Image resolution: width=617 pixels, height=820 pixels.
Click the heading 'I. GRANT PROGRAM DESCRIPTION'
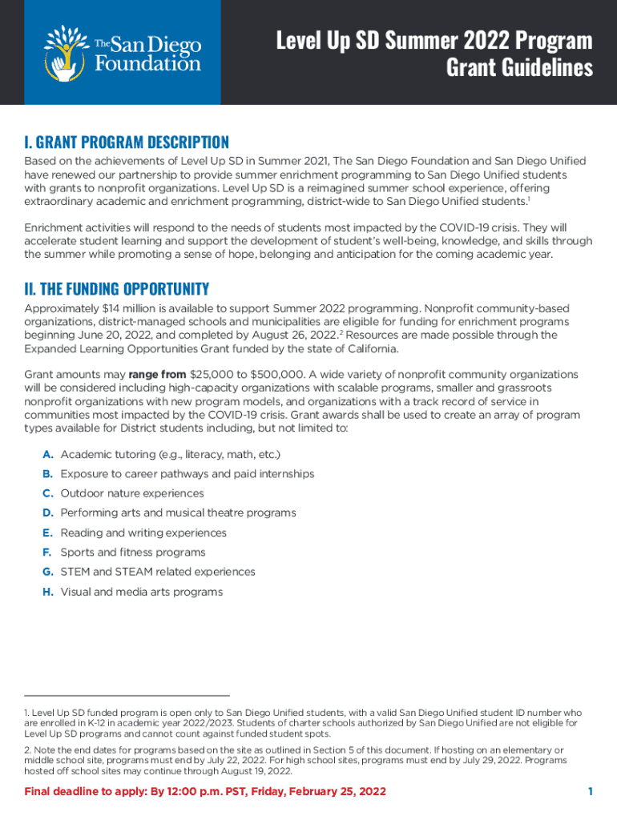tap(127, 143)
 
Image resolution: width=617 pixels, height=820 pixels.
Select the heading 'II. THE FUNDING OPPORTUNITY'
tap(117, 288)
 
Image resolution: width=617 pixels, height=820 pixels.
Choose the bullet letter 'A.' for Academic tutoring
tap(48, 455)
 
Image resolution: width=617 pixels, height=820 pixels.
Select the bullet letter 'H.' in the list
tap(48, 593)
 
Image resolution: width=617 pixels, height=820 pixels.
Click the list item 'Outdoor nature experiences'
tap(132, 494)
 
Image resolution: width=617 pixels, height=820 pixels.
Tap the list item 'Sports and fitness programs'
tap(133, 553)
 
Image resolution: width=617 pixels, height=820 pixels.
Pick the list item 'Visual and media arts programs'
tap(141, 593)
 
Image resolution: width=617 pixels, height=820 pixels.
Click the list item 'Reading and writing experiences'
tap(143, 533)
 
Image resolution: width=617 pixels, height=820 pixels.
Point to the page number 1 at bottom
tap(590, 792)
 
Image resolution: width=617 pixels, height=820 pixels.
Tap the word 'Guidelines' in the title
tap(519, 67)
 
